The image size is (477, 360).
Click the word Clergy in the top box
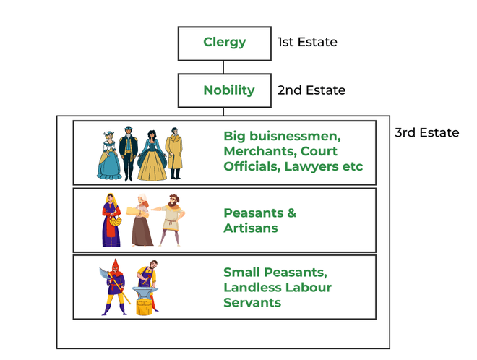click(x=225, y=43)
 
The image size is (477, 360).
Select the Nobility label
click(x=229, y=90)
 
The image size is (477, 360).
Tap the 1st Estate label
click(x=307, y=42)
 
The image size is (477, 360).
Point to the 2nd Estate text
click(x=311, y=90)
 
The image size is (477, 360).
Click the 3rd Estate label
click(x=427, y=133)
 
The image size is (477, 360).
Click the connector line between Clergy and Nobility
click(x=223, y=67)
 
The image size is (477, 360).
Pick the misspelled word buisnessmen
click(x=295, y=136)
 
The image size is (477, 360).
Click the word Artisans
click(x=251, y=228)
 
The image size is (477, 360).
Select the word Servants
click(x=252, y=302)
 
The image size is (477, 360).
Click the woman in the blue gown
click(x=109, y=155)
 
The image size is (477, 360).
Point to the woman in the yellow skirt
click(x=152, y=155)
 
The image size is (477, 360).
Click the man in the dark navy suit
click(x=129, y=154)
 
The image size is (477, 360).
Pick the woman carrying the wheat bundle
click(x=140, y=220)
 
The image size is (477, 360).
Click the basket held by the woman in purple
click(x=116, y=220)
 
